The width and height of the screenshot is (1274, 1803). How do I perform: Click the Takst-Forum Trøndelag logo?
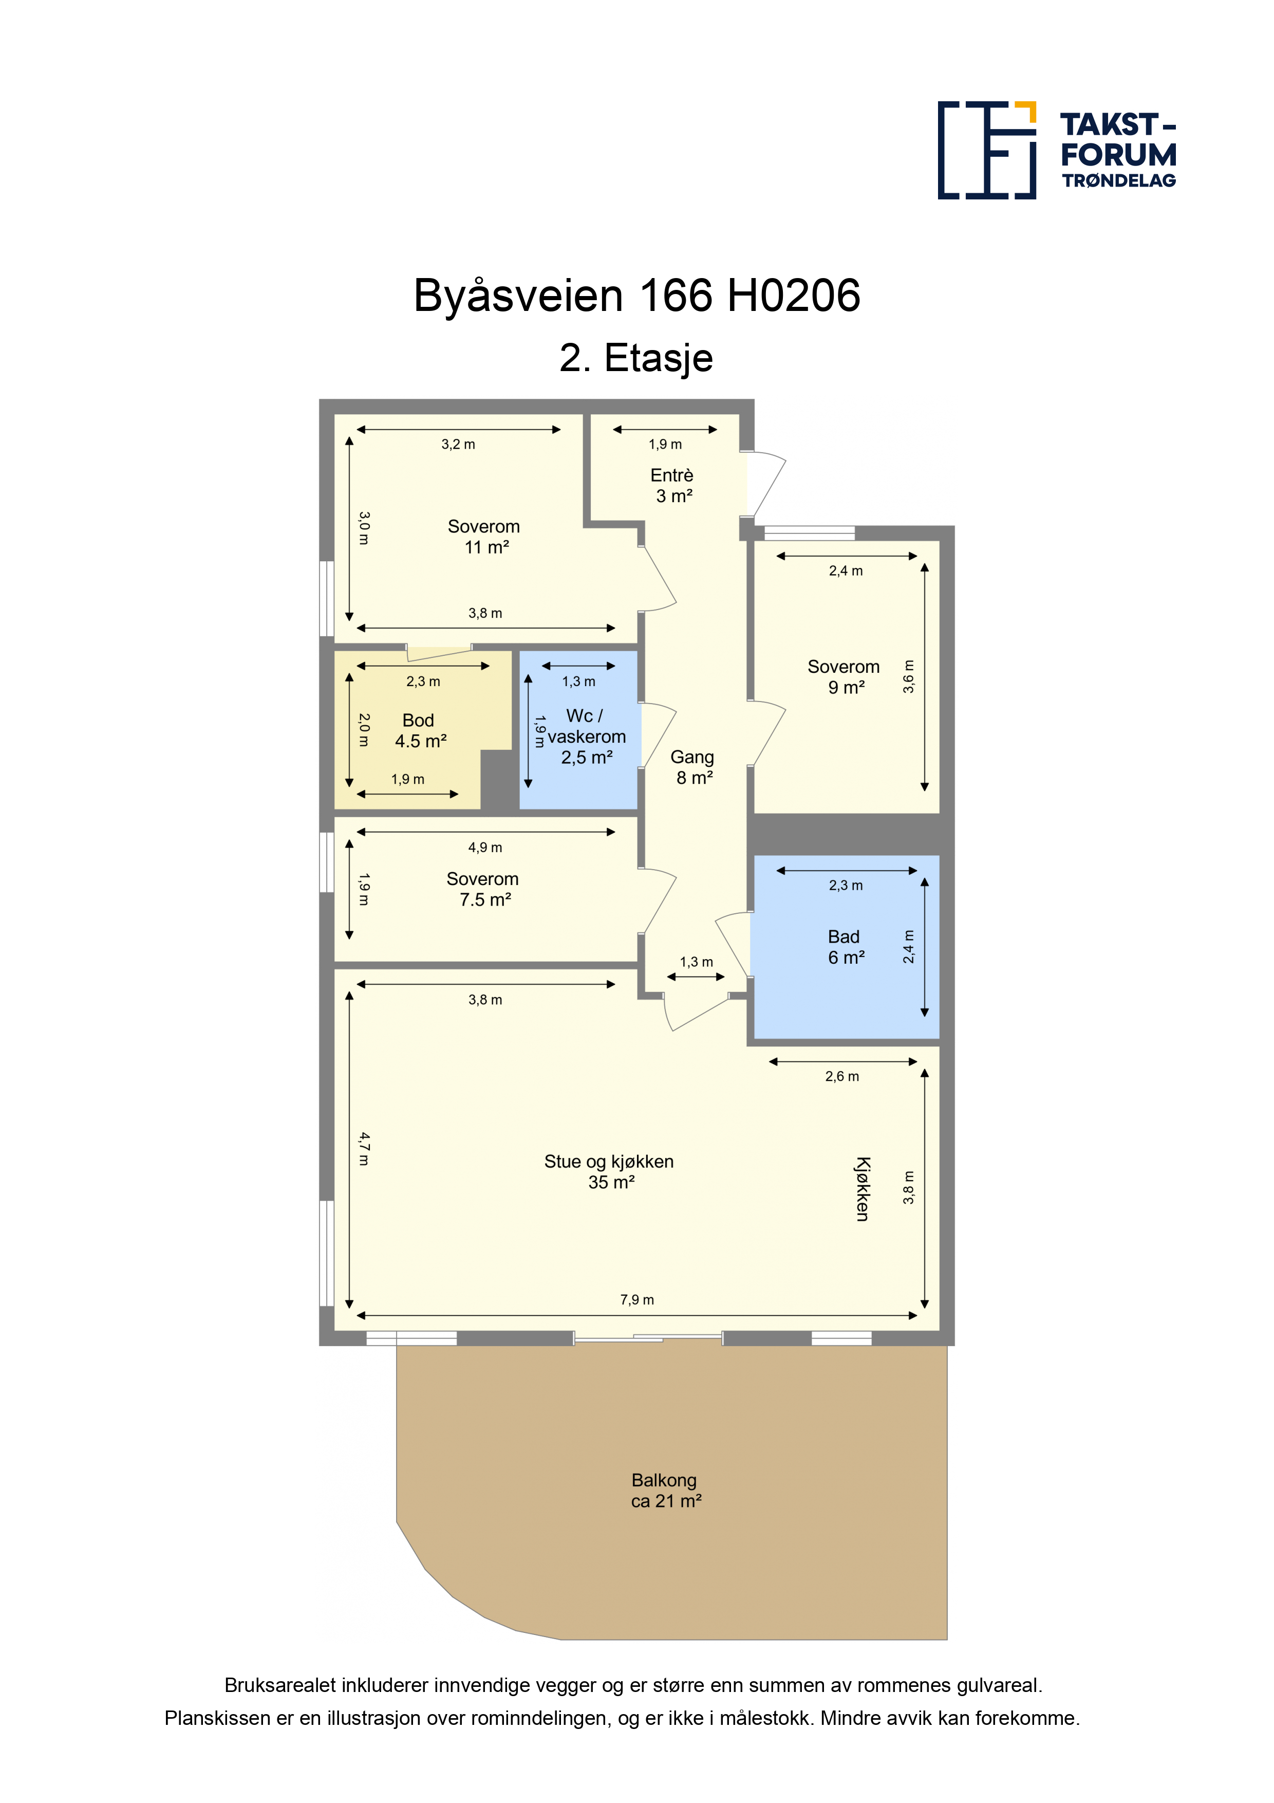(1057, 150)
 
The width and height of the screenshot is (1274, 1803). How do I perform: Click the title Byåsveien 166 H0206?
(636, 296)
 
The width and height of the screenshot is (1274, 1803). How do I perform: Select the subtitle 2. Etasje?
(636, 358)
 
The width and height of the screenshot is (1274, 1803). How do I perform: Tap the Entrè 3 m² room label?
(673, 485)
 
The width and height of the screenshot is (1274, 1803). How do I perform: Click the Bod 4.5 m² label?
(420, 730)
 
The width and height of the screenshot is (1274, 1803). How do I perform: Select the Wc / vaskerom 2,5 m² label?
(586, 737)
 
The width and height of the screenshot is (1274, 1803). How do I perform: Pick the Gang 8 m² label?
(692, 767)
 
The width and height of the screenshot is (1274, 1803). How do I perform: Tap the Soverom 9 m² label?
(844, 677)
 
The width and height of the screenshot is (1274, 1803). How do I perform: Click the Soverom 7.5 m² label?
(483, 889)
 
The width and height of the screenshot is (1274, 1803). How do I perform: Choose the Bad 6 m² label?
(846, 947)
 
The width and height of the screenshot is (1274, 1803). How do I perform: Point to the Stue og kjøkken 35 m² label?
(609, 1172)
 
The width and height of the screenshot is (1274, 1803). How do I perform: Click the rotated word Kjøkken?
(862, 1189)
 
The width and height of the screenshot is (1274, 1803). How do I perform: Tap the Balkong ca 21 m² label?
(666, 1491)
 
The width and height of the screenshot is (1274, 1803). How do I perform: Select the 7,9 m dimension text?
(636, 1300)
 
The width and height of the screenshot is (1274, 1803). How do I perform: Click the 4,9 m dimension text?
(485, 848)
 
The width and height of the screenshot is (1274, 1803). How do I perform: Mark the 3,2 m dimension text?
(458, 445)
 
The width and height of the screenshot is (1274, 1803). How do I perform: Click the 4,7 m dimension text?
(363, 1148)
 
